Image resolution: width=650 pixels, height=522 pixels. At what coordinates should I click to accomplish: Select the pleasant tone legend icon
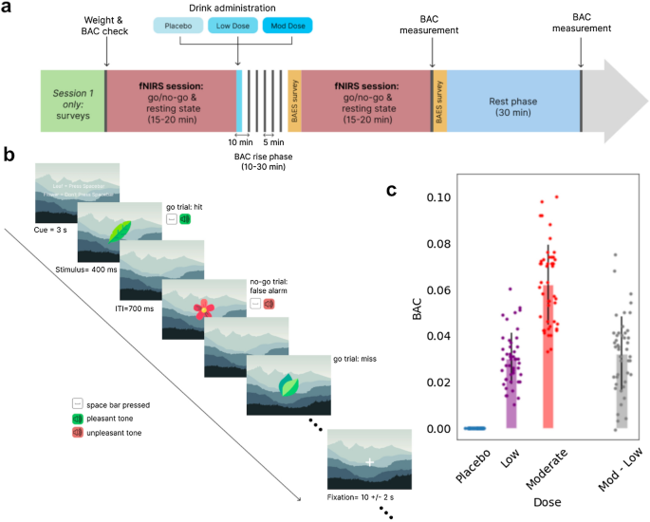(x=79, y=418)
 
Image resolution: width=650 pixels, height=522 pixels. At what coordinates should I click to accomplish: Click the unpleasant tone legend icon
(x=79, y=432)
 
